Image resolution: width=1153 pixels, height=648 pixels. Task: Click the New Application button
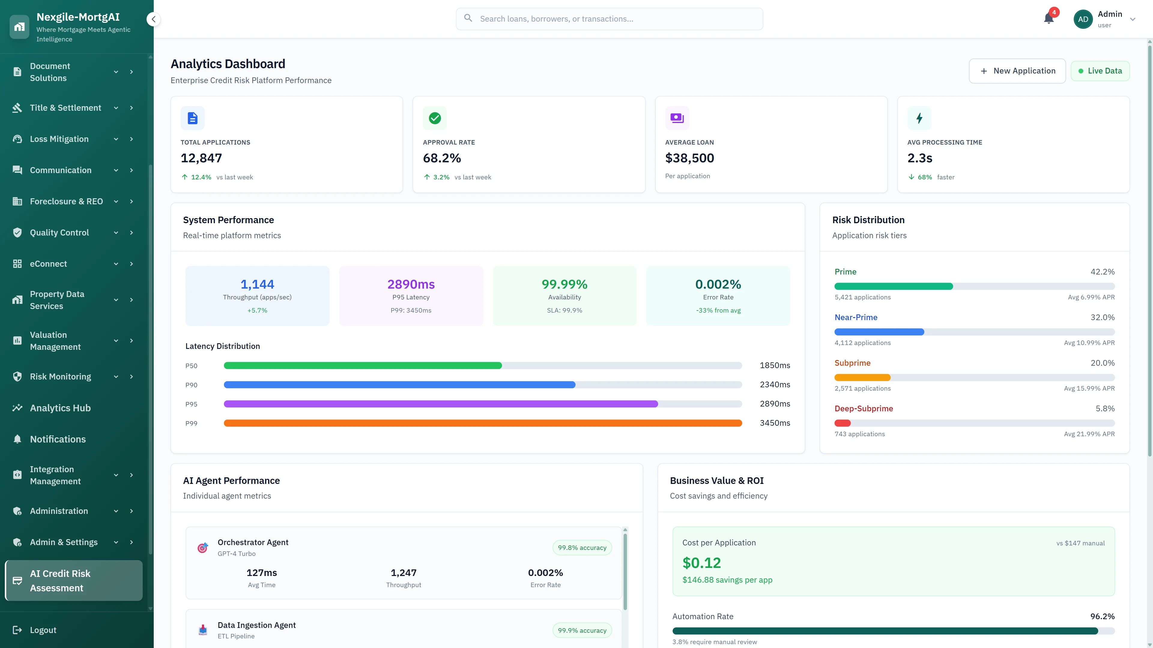click(1017, 71)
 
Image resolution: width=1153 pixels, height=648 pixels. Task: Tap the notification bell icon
click(1048, 19)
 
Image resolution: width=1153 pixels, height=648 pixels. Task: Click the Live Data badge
click(1100, 71)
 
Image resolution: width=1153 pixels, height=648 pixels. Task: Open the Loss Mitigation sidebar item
click(59, 139)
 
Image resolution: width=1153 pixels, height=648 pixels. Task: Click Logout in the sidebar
click(43, 630)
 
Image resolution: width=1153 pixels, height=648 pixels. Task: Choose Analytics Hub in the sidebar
click(60, 408)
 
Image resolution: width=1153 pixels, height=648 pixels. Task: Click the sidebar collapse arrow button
click(153, 19)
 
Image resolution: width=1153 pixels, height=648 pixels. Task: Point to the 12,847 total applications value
click(201, 158)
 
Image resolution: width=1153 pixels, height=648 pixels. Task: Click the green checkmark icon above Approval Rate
click(434, 118)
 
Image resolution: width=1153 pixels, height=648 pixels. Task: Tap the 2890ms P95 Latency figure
click(410, 284)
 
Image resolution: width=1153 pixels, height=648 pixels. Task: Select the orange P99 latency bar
click(483, 423)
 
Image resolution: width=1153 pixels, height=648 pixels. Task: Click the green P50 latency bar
click(362, 365)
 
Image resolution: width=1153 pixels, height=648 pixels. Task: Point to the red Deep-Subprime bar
click(842, 423)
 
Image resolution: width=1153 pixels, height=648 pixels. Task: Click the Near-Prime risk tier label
click(855, 317)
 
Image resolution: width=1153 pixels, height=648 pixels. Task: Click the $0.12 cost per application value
click(701, 562)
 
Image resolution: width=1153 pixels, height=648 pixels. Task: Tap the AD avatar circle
click(1083, 19)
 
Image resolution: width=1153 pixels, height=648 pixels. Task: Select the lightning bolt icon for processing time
click(919, 118)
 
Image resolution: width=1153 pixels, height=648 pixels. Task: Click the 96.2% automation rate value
click(1102, 616)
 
